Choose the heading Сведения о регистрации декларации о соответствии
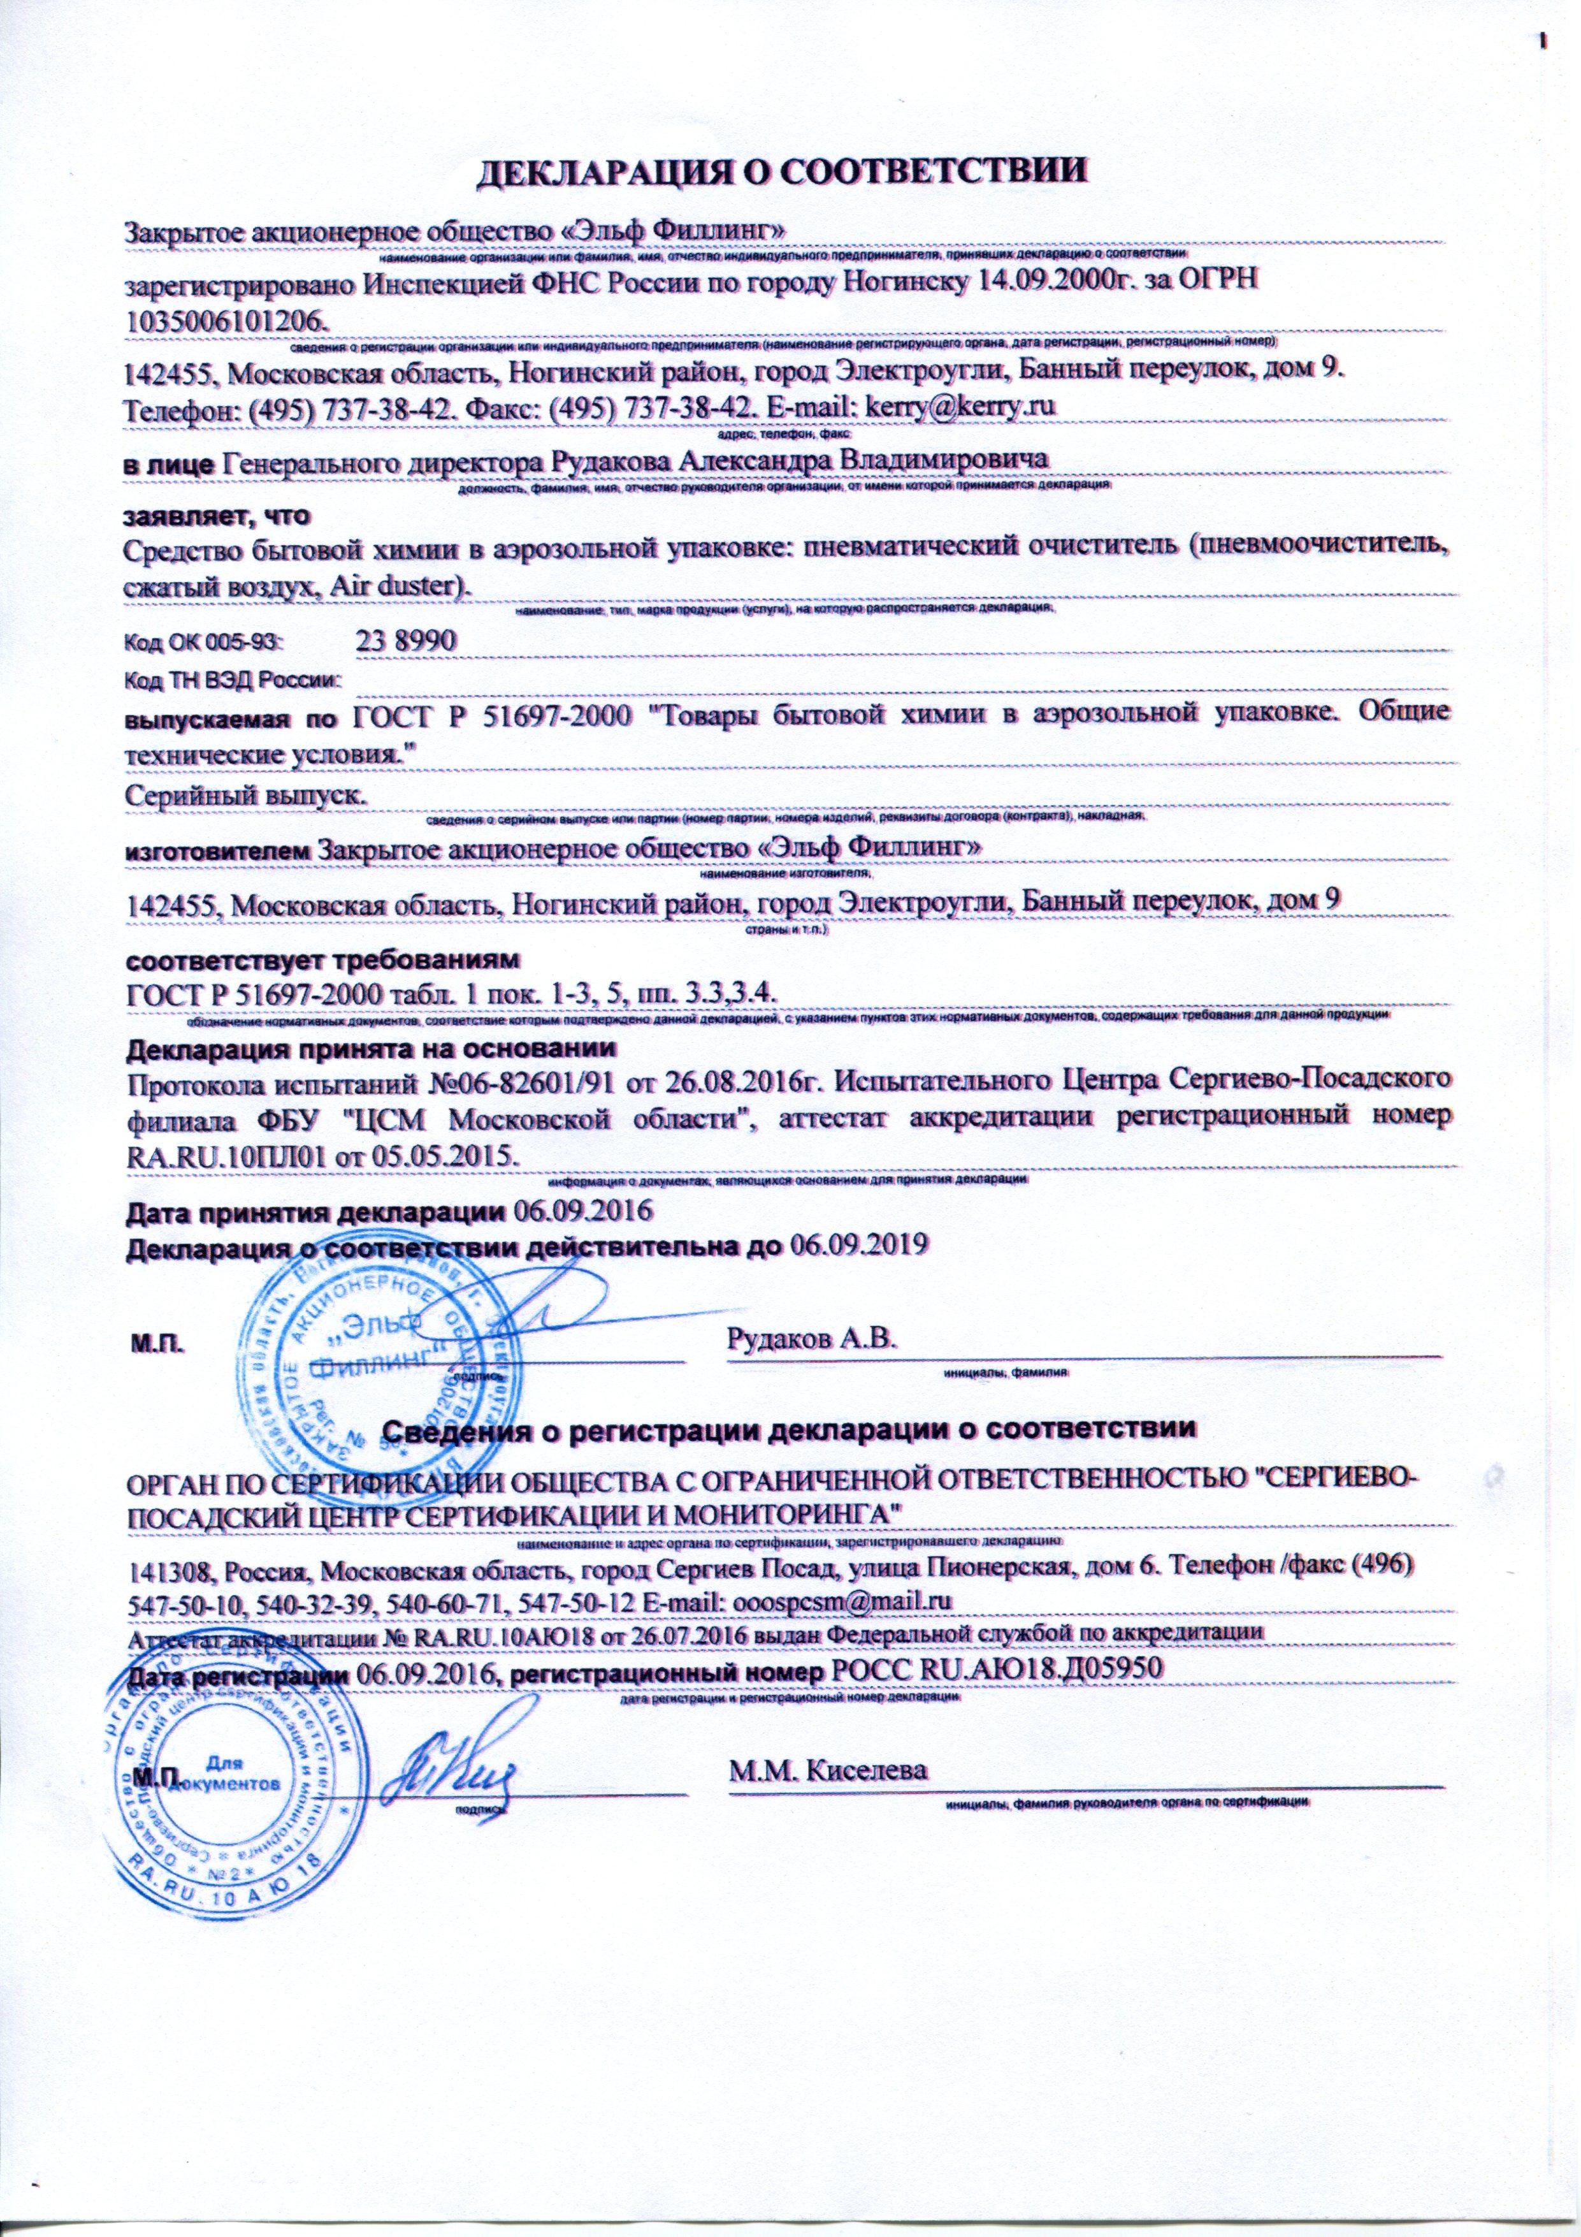pos(789,1431)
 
